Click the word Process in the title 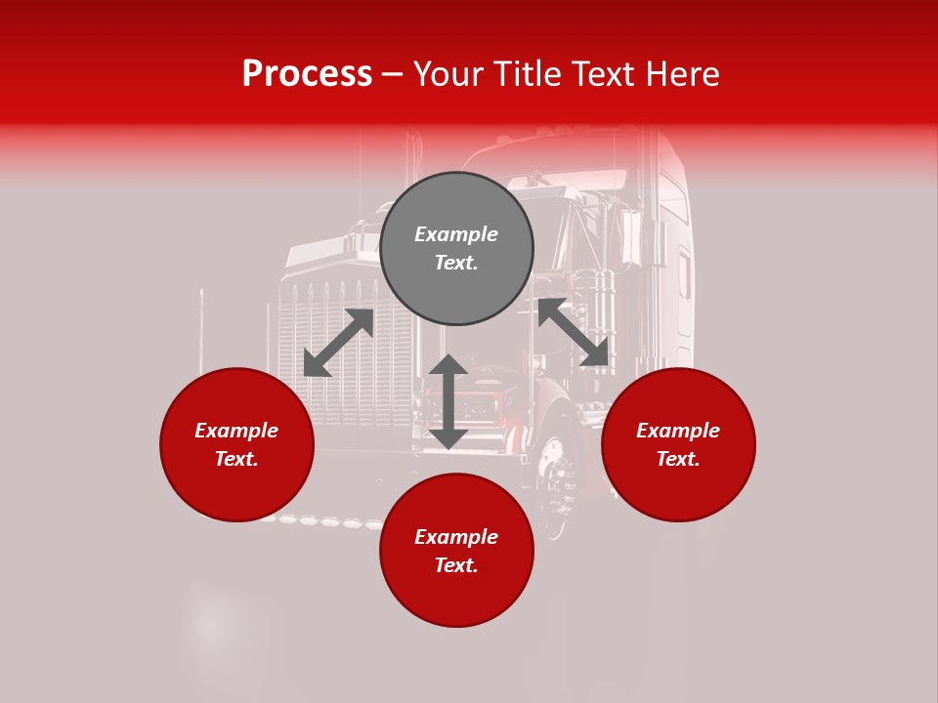click(307, 74)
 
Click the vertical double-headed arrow click(448, 401)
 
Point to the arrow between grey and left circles click(339, 343)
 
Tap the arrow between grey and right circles click(574, 333)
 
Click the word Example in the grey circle click(456, 234)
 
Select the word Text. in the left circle click(236, 459)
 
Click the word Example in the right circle click(678, 431)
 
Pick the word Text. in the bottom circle click(456, 565)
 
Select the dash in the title click(393, 74)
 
